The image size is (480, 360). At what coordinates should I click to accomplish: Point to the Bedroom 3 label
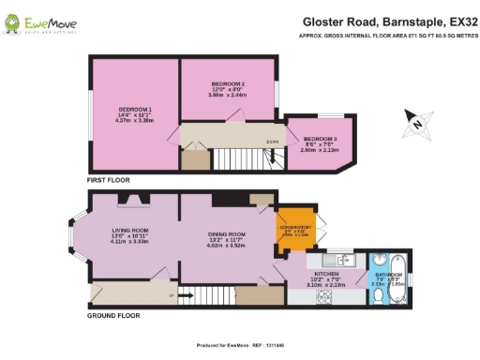tap(319, 140)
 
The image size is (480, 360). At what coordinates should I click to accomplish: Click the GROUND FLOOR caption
tap(113, 316)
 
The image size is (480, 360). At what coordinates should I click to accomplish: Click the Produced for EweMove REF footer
tap(239, 345)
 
